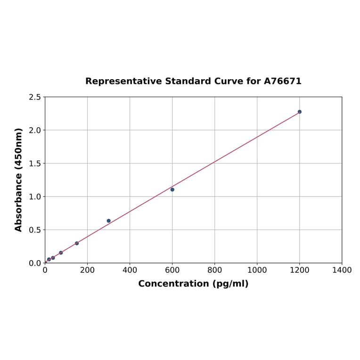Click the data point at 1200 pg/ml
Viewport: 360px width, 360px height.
[x=299, y=112]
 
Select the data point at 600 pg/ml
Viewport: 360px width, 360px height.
[x=172, y=189]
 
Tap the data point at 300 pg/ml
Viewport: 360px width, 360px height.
[x=108, y=221]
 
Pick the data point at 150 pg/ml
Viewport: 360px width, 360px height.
[x=77, y=243]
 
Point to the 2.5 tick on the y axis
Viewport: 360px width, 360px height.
[x=34, y=97]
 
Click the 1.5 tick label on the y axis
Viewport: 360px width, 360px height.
[x=34, y=164]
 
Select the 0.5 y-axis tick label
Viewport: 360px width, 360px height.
[x=34, y=230]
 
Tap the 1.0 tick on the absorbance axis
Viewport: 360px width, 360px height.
[x=34, y=196]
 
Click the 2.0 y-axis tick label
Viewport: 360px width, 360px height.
[x=34, y=130]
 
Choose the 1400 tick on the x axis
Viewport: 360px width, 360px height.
[x=342, y=270]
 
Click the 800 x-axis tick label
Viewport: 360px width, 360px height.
[x=214, y=270]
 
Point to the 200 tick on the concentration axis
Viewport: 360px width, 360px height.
[x=87, y=270]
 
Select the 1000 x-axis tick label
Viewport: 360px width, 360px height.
[x=257, y=270]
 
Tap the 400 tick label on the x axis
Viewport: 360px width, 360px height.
[x=130, y=270]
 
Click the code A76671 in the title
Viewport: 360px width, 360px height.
[x=282, y=82]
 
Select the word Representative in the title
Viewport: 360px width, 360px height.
[x=123, y=82]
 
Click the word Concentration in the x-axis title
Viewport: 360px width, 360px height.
[x=173, y=284]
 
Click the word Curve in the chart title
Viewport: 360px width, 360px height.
[x=229, y=82]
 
